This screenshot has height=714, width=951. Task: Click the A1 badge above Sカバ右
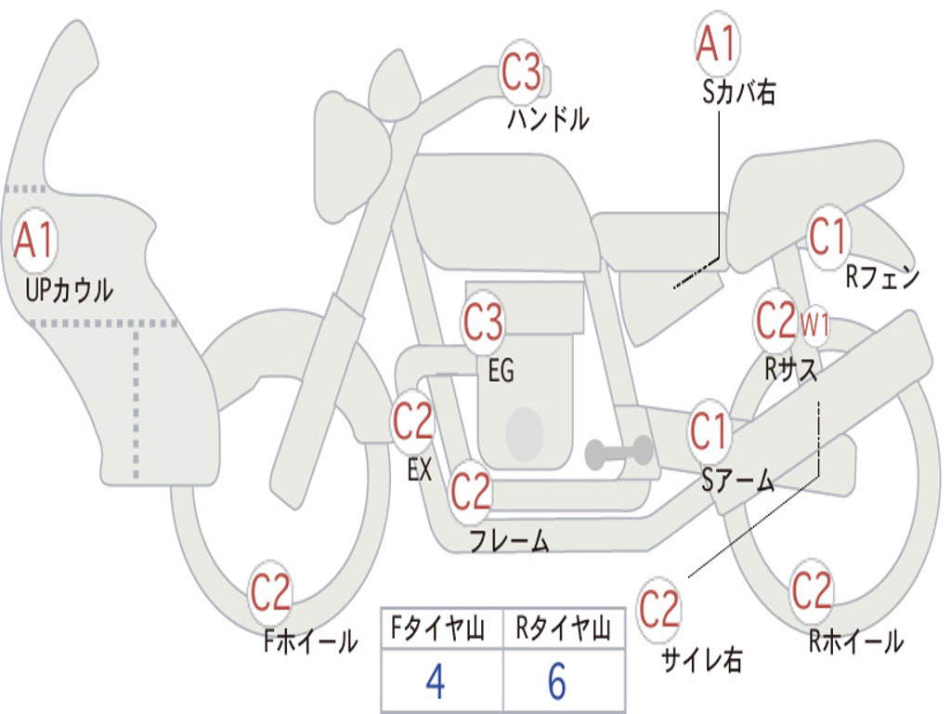click(x=718, y=43)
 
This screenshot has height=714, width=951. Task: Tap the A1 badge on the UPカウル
click(x=34, y=240)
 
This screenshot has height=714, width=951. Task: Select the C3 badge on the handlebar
click(x=521, y=72)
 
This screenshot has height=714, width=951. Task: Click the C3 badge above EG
click(x=483, y=322)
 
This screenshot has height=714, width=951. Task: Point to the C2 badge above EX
click(x=412, y=421)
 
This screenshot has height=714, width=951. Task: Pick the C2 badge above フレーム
click(x=471, y=491)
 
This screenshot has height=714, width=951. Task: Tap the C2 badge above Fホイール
click(x=270, y=592)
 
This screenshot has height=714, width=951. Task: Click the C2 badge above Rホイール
click(x=812, y=590)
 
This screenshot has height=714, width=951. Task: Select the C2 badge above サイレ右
click(x=659, y=609)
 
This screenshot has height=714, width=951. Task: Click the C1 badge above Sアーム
click(x=708, y=431)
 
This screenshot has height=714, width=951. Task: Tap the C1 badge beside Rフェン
click(x=827, y=237)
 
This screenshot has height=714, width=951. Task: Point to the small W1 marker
click(x=814, y=325)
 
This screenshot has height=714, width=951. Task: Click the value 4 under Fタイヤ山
click(x=436, y=681)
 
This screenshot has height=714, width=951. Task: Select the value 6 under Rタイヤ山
click(x=557, y=681)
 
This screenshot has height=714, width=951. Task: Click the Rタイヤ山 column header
click(x=564, y=628)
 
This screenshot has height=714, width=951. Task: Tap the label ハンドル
click(x=548, y=118)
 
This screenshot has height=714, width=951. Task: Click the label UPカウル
click(x=69, y=290)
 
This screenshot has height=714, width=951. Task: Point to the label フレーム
click(x=510, y=540)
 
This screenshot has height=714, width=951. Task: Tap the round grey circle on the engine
click(x=525, y=434)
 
